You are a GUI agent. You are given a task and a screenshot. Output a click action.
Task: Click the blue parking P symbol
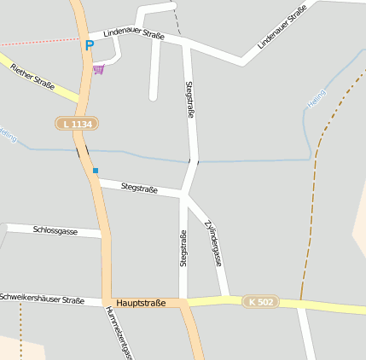(x=90, y=44)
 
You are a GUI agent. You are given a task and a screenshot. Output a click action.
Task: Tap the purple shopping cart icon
(x=100, y=68)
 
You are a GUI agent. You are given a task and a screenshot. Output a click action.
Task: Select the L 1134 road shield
(x=78, y=125)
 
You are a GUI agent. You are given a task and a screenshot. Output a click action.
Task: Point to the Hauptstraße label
(x=141, y=303)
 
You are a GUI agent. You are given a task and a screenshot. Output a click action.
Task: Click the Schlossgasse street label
(x=55, y=230)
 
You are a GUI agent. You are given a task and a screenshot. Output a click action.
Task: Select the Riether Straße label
(x=32, y=75)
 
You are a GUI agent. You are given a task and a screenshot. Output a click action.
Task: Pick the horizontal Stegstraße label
(x=139, y=187)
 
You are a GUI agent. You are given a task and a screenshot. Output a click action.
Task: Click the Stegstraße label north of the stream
(x=189, y=105)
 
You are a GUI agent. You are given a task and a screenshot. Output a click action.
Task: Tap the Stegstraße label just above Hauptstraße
(x=183, y=248)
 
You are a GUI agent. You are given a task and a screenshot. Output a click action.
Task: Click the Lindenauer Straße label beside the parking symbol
(x=133, y=34)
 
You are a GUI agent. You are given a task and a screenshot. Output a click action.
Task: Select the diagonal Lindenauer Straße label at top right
(x=281, y=26)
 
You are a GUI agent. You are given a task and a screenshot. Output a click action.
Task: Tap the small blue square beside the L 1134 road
(x=96, y=171)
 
